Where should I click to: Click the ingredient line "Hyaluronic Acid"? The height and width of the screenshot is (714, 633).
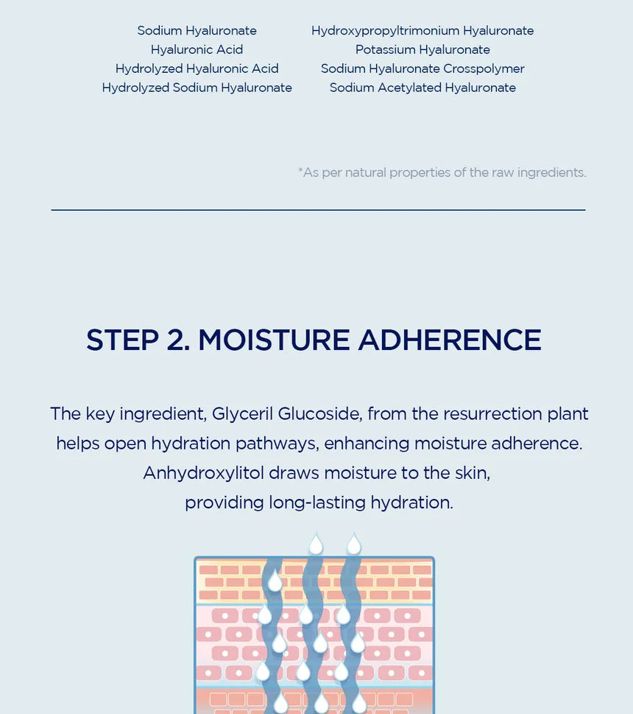point(197,49)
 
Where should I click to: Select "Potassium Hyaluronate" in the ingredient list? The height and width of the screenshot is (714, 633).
point(422,49)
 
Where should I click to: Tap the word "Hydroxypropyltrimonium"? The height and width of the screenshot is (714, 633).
point(385,31)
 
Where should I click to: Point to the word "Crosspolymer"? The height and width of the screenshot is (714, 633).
point(484,69)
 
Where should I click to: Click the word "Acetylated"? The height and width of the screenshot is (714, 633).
point(409,88)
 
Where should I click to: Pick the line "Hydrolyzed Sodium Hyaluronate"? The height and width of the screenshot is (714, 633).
point(197,88)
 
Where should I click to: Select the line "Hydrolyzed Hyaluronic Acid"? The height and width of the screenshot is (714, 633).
point(197,69)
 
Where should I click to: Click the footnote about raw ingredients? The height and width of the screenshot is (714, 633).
point(442,172)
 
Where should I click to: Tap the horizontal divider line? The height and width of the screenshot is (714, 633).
point(318,210)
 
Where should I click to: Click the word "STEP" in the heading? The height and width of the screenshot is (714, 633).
point(122,340)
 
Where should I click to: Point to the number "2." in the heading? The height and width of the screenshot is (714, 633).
point(178,340)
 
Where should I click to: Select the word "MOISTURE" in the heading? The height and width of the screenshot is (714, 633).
point(275,340)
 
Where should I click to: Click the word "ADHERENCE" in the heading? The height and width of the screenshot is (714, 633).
point(450,340)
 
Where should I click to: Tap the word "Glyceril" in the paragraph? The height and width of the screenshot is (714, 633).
point(242,414)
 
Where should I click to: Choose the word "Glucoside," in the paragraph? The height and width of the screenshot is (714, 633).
point(320,414)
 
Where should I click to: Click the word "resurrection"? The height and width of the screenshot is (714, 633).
point(492,414)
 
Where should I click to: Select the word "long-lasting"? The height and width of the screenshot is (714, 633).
point(317,503)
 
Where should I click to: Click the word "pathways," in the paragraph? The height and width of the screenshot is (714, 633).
point(277,444)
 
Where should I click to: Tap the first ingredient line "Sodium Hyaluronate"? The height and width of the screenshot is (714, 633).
point(197,31)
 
